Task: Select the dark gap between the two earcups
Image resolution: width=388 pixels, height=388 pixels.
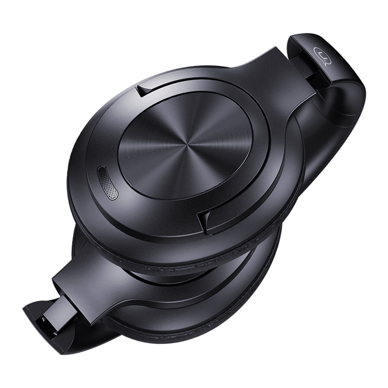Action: coord(163,277)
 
